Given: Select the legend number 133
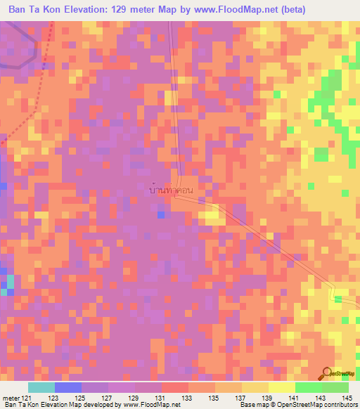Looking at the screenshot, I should (186, 398).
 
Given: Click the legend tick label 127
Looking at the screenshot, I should (107, 398).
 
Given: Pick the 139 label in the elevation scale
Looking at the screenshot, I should (266, 398).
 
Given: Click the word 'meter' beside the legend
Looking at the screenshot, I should (10, 398).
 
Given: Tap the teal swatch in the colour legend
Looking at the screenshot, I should (41, 387).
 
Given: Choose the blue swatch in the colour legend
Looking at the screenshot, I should (67, 387).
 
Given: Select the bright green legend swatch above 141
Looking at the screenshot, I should (308, 387).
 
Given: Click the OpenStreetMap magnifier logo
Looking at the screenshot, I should (327, 373).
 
